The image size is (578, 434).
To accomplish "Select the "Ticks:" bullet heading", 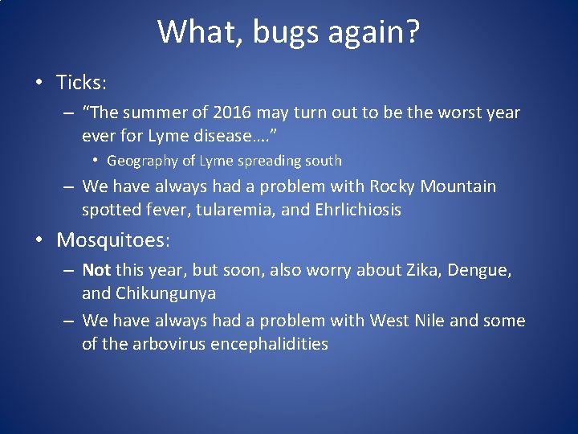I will tap(80, 82).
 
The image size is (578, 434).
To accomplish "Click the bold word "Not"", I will tap(96, 270).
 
